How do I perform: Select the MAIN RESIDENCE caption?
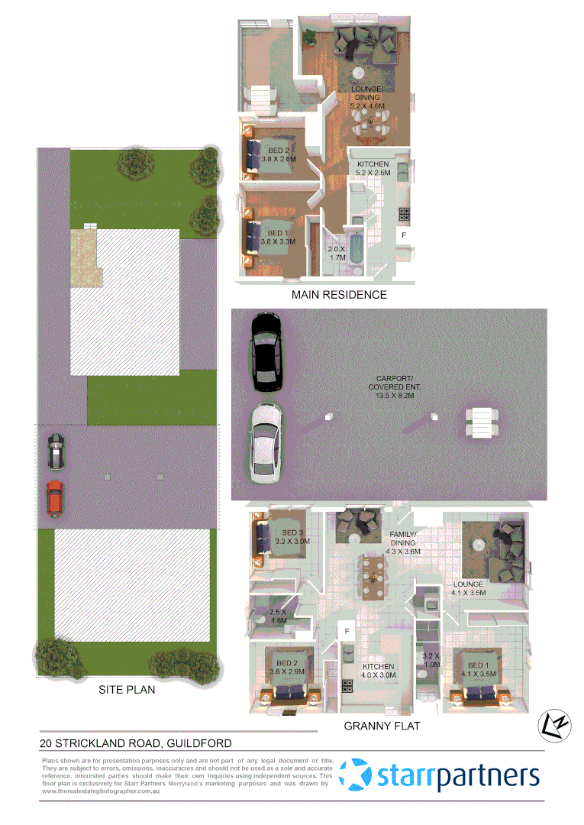pos(339,294)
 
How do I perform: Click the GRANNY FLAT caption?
pos(382,726)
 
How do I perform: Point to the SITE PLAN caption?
pos(127,690)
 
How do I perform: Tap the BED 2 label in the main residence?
pos(278,154)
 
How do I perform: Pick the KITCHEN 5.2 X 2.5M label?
pos(373,169)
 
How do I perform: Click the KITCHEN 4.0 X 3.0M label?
pos(379,670)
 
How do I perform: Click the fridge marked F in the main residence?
pos(404,235)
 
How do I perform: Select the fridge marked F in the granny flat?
pos(347,632)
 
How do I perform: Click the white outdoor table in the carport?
pos(482,421)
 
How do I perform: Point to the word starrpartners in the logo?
pos(458,776)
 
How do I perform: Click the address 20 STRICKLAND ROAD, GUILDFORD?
pos(136,742)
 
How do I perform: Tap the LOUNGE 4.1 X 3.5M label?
pos(468,589)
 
